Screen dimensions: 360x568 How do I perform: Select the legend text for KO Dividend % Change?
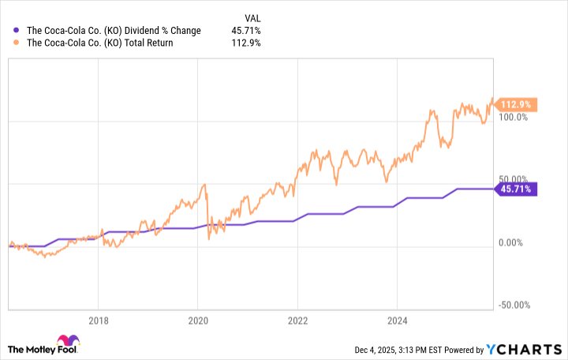pyautogui.click(x=114, y=31)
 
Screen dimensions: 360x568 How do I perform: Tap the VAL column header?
pyautogui.click(x=250, y=16)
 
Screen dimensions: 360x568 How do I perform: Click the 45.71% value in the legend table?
pyautogui.click(x=247, y=31)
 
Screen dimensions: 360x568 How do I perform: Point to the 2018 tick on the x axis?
pyautogui.click(x=98, y=321)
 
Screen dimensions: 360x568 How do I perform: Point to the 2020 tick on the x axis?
pyautogui.click(x=198, y=321)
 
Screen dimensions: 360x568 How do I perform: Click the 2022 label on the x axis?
pyautogui.click(x=297, y=321)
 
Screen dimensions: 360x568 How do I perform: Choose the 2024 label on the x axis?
pyautogui.click(x=397, y=321)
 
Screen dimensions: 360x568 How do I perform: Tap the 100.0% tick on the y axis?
pyautogui.click(x=514, y=117)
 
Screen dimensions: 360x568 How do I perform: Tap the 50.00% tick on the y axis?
pyautogui.click(x=514, y=179)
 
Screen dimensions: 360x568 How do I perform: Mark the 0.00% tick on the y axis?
pyautogui.click(x=514, y=242)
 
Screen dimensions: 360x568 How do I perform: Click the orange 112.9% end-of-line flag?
pyautogui.click(x=517, y=104)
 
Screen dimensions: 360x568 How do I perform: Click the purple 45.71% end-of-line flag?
pyautogui.click(x=517, y=189)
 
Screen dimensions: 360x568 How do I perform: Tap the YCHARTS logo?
pyautogui.click(x=529, y=347)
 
